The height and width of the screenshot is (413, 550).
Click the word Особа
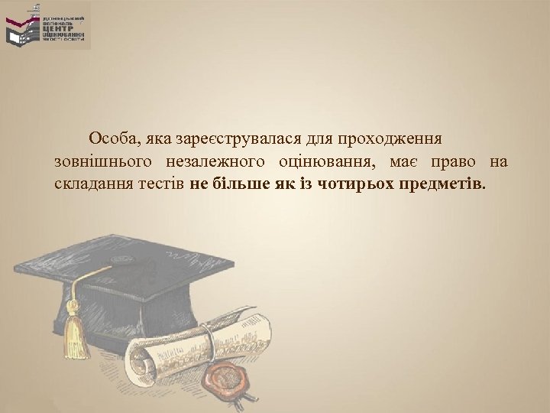pyautogui.click(x=110, y=140)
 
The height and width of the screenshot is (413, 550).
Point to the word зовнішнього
pyautogui.click(x=102, y=162)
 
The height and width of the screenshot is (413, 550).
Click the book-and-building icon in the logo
pyautogui.click(x=22, y=30)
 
